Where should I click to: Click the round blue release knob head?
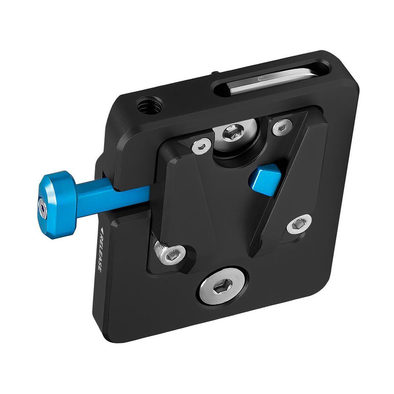point(56,205)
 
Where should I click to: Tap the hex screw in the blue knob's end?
point(43,209)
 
